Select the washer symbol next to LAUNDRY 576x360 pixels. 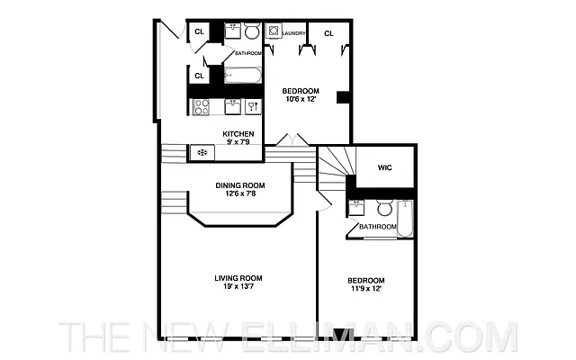[x=273, y=31]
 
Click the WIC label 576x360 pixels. [x=385, y=167]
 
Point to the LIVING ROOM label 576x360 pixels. [x=238, y=277]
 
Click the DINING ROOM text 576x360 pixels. [x=238, y=186]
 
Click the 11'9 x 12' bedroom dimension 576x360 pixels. [x=366, y=289]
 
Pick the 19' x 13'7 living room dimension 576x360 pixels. [x=238, y=287]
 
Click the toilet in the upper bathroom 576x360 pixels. [x=251, y=33]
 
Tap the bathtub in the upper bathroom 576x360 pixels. [x=241, y=75]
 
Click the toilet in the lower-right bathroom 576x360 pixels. [x=384, y=209]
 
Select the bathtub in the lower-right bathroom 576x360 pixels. [x=406, y=219]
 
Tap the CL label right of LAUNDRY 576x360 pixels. [x=328, y=33]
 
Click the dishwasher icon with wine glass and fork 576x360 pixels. [x=253, y=105]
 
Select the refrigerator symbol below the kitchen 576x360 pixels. [x=202, y=152]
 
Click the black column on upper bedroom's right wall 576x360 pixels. [x=342, y=97]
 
